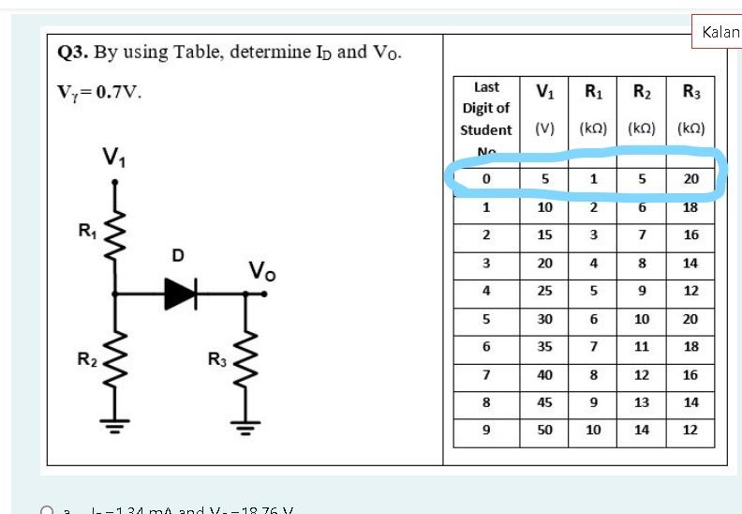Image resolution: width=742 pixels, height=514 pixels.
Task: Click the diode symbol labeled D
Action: click(x=182, y=294)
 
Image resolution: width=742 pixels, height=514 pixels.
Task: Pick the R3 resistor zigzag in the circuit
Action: click(x=245, y=360)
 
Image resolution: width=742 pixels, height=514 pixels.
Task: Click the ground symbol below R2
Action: click(x=114, y=428)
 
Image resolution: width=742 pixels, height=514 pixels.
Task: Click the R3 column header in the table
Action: click(x=690, y=92)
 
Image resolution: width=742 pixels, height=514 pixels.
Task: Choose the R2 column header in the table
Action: click(x=642, y=92)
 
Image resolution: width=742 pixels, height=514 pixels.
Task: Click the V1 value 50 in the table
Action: click(x=545, y=431)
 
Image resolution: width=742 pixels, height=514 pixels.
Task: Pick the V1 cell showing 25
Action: click(x=545, y=291)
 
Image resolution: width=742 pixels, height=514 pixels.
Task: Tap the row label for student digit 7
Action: click(x=486, y=374)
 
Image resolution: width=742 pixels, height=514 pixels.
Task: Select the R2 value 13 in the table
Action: click(x=642, y=402)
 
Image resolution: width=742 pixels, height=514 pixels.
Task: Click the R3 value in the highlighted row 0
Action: click(x=690, y=179)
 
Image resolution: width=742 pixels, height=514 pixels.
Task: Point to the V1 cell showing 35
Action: click(x=545, y=346)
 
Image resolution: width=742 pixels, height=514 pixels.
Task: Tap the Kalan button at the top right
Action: click(x=720, y=32)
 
